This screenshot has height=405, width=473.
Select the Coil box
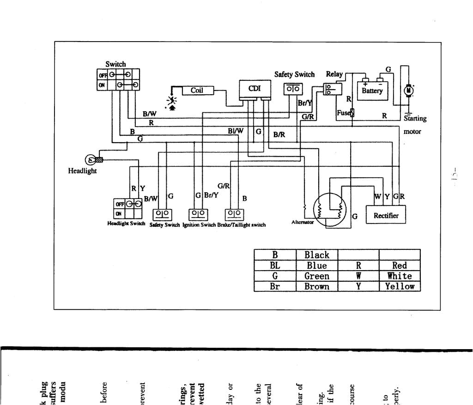pos(197,91)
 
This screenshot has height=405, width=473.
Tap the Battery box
pos(372,91)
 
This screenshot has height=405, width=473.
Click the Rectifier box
pos(386,216)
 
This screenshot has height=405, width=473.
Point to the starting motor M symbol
pos(408,91)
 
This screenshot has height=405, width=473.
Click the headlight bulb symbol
pos(92,160)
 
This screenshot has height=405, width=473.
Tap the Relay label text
pos(334,74)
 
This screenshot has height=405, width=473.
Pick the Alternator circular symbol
pos(330,210)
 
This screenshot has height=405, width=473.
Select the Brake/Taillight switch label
pos(242,224)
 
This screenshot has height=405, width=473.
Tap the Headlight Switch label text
pos(127,224)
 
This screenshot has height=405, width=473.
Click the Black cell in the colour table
pos(317,255)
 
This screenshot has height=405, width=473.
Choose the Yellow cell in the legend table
pos(400,286)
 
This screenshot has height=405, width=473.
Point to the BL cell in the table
pos(275,266)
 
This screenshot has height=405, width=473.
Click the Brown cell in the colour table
pos(317,286)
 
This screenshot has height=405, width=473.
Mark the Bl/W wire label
pos(235,131)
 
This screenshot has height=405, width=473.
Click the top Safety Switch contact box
pos(293,89)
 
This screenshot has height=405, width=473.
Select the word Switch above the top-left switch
pos(115,65)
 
